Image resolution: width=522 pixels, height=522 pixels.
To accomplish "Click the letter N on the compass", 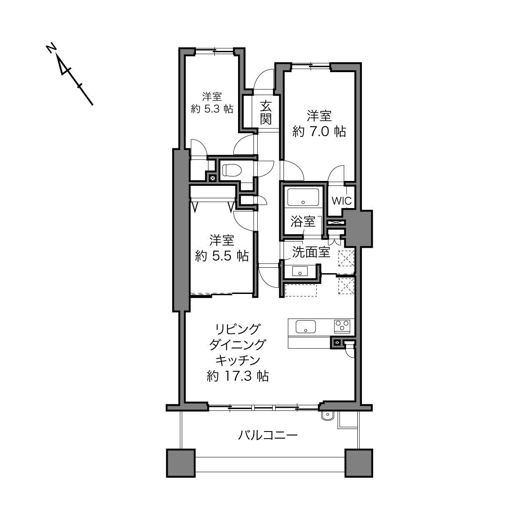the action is [x=51, y=48].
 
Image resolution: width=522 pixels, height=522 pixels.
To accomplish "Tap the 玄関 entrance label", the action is [x=266, y=113].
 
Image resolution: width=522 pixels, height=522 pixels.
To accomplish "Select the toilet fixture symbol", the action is [x=232, y=171].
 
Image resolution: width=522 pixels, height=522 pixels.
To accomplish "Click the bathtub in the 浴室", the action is [x=303, y=197].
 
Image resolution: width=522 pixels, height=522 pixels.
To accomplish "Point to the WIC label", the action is [x=341, y=201].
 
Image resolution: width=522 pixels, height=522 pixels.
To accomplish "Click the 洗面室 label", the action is [x=311, y=252].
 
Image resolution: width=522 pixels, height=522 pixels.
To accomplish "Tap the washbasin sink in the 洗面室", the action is [x=300, y=271].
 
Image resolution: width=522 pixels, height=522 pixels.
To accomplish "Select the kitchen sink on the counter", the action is [x=306, y=326].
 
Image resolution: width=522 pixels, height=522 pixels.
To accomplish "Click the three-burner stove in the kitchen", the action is [x=342, y=326].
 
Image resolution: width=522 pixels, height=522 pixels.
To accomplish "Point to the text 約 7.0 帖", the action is [x=319, y=132].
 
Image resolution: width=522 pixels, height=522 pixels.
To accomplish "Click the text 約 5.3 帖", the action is [x=212, y=109].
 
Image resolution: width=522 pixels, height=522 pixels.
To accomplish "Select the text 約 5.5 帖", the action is [x=221, y=256].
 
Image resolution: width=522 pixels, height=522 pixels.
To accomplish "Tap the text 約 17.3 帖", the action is [x=238, y=376].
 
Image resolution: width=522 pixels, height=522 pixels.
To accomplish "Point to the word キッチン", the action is [x=238, y=360].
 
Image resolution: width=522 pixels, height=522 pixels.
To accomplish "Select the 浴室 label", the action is [x=303, y=221].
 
